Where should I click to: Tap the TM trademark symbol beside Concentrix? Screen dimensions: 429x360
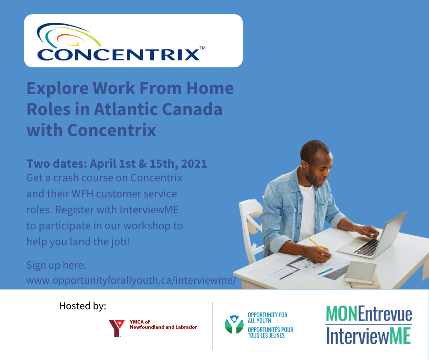(x=202, y=48)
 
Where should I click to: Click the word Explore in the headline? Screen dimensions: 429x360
(x=58, y=89)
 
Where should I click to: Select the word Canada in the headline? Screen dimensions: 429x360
(x=192, y=109)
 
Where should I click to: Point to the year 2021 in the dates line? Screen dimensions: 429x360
(x=194, y=164)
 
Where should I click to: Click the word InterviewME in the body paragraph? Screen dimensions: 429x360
(x=149, y=210)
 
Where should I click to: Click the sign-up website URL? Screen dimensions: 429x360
(x=131, y=281)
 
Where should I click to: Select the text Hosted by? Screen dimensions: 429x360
(x=83, y=306)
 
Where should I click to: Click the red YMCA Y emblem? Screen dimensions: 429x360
(x=116, y=328)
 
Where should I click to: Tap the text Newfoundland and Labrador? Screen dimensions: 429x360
(x=163, y=327)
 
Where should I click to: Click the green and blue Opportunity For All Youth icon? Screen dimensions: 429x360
(x=234, y=324)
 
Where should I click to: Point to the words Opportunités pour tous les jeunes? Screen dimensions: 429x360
(x=270, y=332)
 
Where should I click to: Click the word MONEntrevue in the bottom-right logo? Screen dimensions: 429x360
(x=369, y=314)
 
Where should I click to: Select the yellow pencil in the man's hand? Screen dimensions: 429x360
(x=321, y=248)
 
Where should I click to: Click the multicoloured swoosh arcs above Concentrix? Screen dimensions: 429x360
(x=68, y=36)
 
